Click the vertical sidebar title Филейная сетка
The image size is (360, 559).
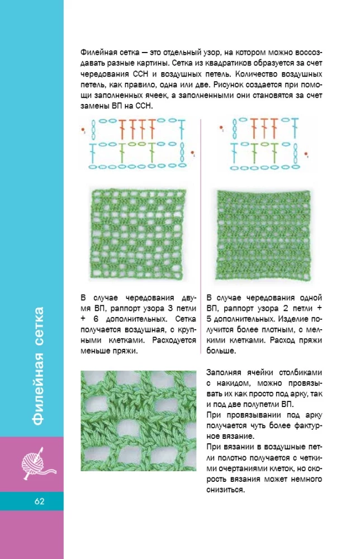pos(39,366)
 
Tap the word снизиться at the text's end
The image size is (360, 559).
pos(226,490)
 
